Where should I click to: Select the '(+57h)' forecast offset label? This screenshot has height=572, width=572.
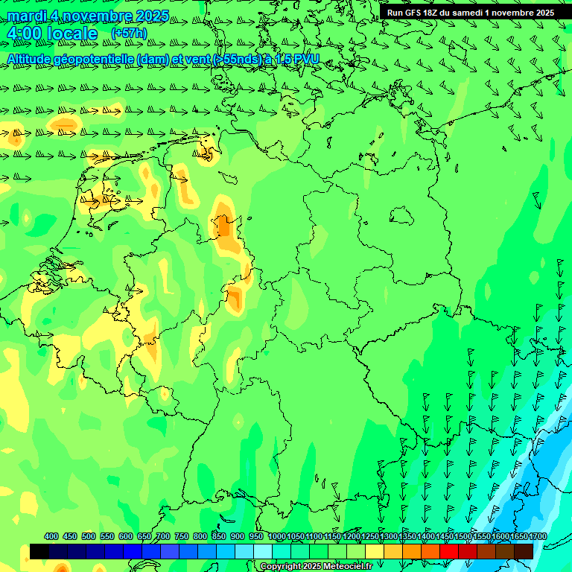coord(129,34)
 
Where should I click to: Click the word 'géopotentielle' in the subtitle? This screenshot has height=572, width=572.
coord(92,59)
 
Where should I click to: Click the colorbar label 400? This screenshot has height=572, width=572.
coord(51,536)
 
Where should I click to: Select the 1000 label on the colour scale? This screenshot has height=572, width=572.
coord(276,536)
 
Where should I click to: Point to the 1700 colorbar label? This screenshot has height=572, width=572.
coord(537,536)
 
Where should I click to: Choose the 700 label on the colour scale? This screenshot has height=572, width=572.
coord(163,536)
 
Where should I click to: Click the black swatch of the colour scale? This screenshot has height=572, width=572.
coord(39,551)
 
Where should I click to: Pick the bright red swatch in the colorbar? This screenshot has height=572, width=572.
coord(449,551)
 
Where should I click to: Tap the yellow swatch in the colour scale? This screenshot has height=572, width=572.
coord(375,551)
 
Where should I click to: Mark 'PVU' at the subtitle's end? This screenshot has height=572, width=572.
coord(306,59)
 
